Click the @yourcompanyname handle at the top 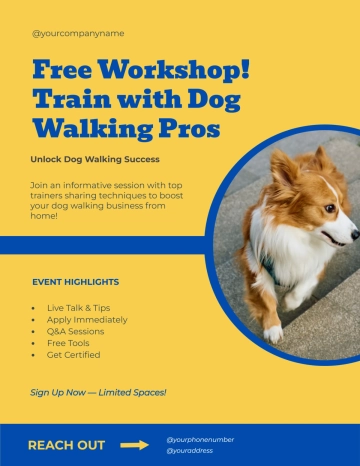point(78,33)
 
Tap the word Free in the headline point(66,70)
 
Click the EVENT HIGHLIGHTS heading point(75,282)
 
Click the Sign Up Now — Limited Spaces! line point(98,392)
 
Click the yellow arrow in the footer point(134,445)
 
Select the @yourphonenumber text point(200,439)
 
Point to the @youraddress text point(190,451)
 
